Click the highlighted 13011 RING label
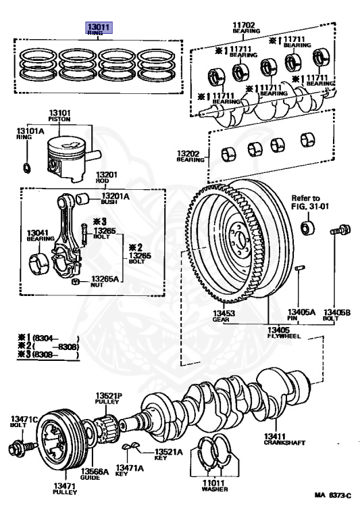99,28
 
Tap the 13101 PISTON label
59,116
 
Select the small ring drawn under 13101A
27,168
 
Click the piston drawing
70,158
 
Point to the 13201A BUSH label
115,199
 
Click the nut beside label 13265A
76,282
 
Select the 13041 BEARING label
41,235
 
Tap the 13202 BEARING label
190,156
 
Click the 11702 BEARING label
246,28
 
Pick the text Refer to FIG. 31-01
310,202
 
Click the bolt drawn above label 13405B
340,230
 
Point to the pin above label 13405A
299,268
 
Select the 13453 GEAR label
224,316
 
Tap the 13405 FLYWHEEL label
284,332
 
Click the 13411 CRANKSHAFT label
284,439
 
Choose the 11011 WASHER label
214,486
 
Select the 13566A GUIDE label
95,474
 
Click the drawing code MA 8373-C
332,495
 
